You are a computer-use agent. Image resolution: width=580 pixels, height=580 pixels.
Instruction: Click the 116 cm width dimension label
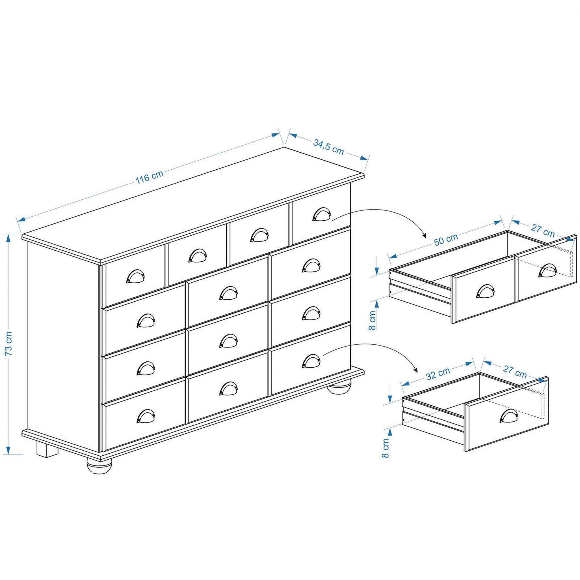coord(150,177)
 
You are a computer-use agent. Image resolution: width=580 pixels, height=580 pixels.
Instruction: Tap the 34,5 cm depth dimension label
coord(329,147)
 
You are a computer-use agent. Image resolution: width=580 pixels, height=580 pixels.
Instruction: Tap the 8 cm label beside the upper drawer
coord(372,320)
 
